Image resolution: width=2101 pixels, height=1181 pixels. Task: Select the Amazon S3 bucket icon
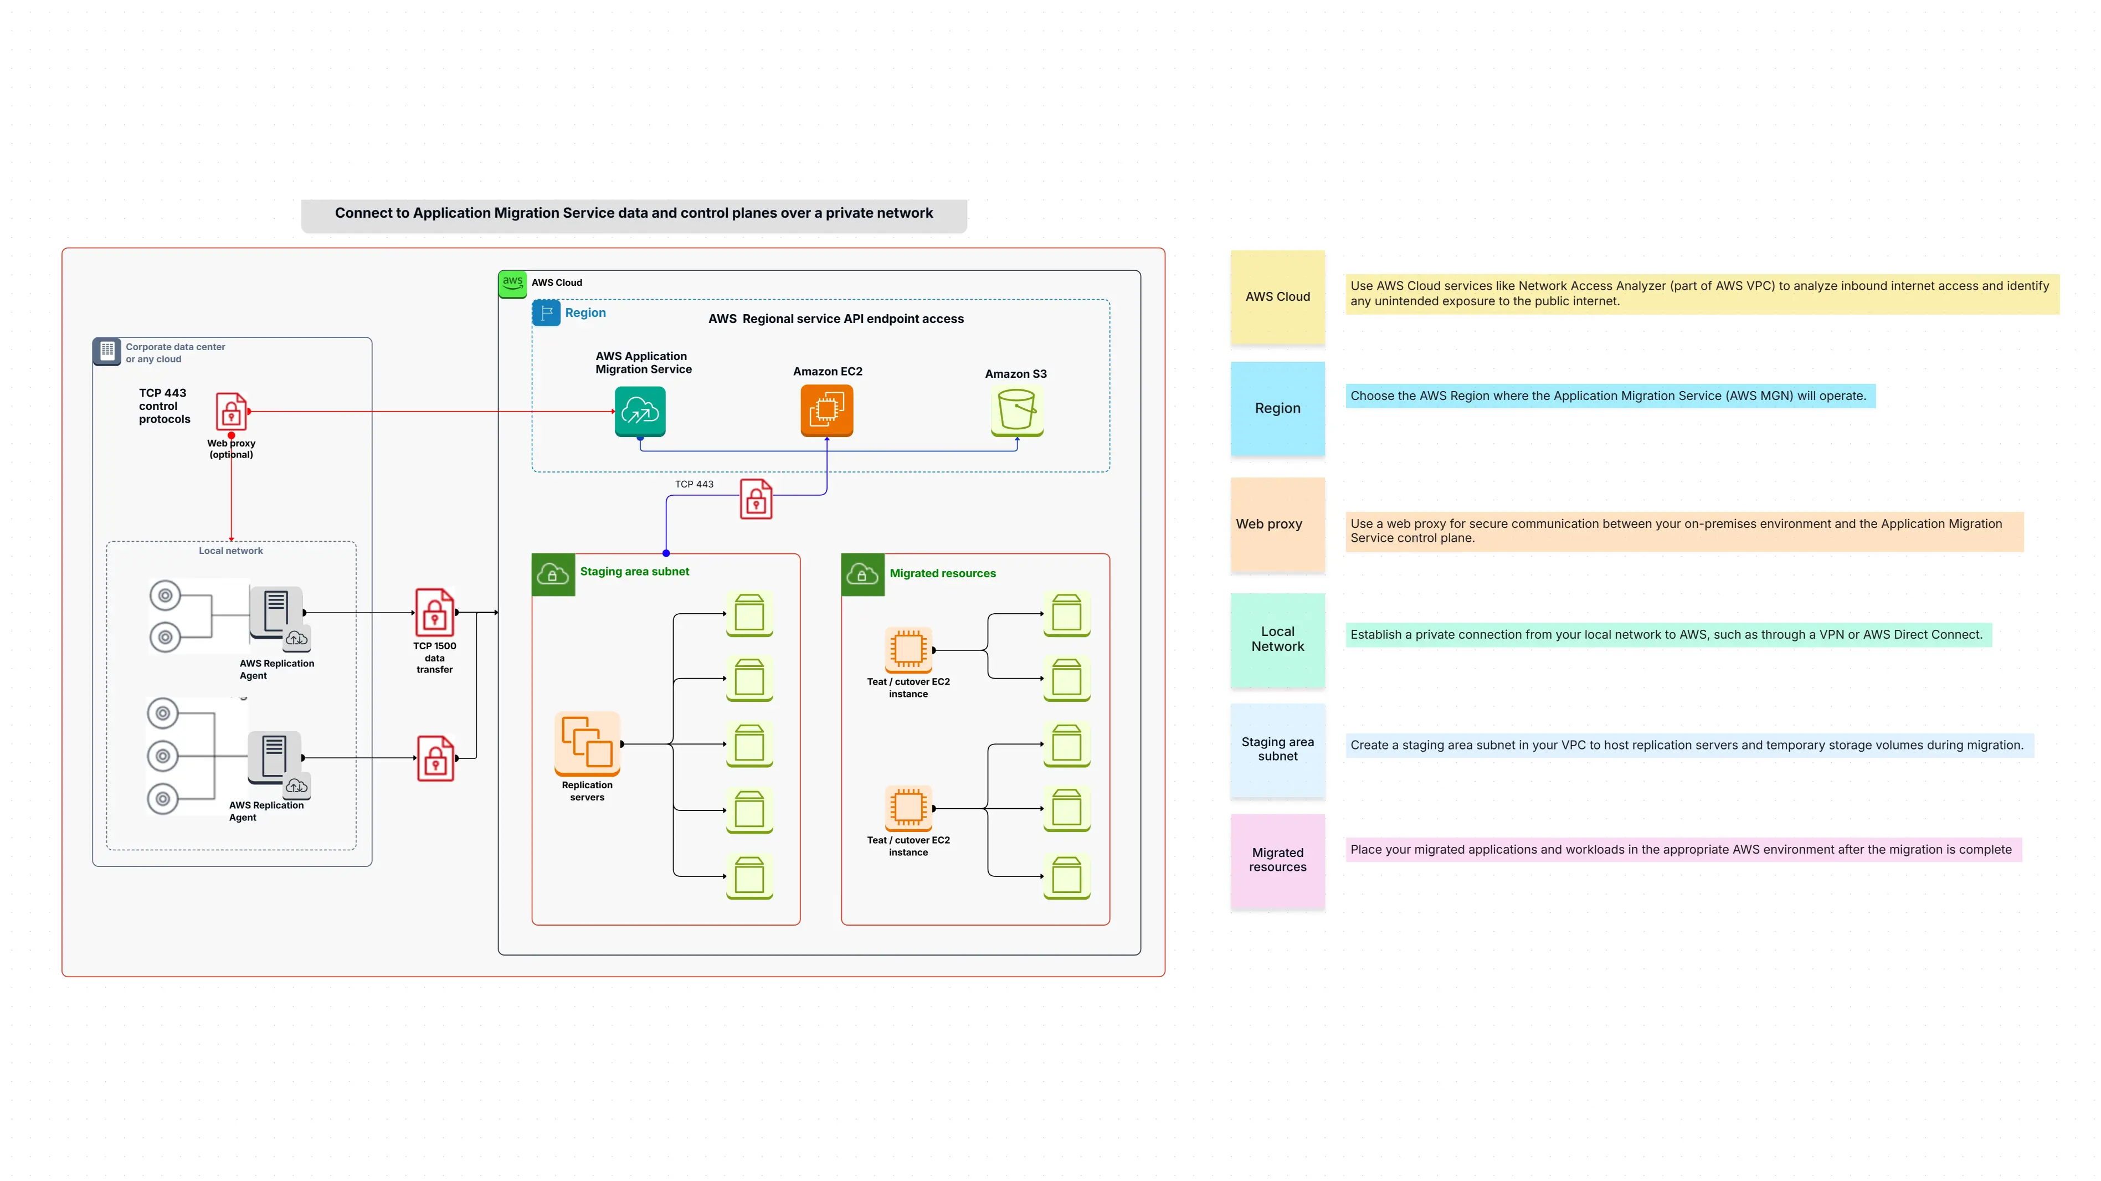click(x=1016, y=411)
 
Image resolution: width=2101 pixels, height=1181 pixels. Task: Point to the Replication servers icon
click(x=587, y=743)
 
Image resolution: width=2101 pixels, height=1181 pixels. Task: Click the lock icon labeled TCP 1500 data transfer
click(x=435, y=613)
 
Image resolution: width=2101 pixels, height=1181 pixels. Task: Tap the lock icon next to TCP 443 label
click(x=756, y=499)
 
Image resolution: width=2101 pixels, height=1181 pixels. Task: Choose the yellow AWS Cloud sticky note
click(x=1277, y=297)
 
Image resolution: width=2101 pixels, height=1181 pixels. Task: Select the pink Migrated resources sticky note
click(x=1277, y=860)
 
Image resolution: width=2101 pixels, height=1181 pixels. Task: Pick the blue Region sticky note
click(x=1277, y=408)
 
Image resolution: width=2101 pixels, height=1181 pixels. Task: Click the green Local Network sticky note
click(x=1277, y=639)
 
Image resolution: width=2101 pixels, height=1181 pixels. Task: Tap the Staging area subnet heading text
click(x=635, y=572)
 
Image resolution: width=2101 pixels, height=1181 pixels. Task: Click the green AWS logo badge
click(x=512, y=283)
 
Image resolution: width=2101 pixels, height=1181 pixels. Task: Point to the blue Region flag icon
click(x=546, y=312)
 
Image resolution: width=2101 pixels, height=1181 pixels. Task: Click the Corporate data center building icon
click(x=107, y=351)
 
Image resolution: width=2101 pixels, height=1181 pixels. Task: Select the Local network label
click(x=231, y=551)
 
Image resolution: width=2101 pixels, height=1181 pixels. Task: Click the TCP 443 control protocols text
click(x=164, y=406)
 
